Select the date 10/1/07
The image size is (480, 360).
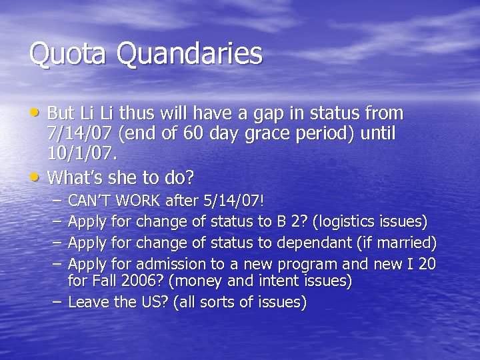81,155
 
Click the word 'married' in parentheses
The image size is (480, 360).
408,241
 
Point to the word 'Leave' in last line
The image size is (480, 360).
87,303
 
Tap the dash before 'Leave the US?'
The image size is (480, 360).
59,303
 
